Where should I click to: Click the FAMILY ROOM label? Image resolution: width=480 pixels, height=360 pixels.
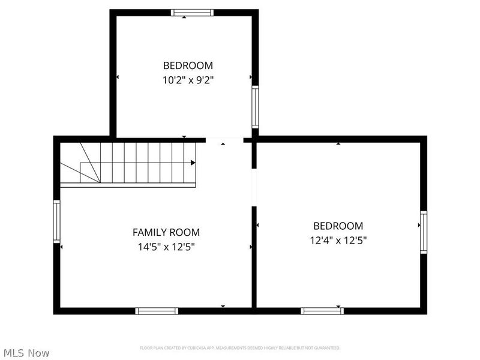(x=166, y=232)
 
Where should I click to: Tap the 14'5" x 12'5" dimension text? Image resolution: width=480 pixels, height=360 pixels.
(x=166, y=246)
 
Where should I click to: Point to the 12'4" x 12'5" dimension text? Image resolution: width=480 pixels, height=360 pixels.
(x=338, y=240)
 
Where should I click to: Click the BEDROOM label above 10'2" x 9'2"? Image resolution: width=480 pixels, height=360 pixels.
(x=188, y=65)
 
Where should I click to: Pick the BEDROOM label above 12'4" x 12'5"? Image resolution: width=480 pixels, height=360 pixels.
(x=338, y=226)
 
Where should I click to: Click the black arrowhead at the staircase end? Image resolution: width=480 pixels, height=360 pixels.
(x=193, y=163)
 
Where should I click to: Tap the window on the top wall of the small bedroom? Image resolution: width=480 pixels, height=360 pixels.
(x=192, y=13)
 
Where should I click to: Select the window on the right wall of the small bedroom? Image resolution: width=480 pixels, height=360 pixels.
(x=255, y=107)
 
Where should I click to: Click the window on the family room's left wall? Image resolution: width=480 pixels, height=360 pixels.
(x=57, y=221)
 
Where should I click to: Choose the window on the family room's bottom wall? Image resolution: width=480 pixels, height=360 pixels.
(x=157, y=311)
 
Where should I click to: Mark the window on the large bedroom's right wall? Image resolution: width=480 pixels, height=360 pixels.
(x=424, y=232)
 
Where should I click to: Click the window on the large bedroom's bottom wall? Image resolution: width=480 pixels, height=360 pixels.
(x=322, y=311)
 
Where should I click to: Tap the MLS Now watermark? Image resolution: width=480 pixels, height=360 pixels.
(x=26, y=353)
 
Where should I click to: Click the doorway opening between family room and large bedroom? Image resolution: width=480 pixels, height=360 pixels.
(x=254, y=187)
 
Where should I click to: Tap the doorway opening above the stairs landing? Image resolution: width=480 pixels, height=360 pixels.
(x=224, y=140)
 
